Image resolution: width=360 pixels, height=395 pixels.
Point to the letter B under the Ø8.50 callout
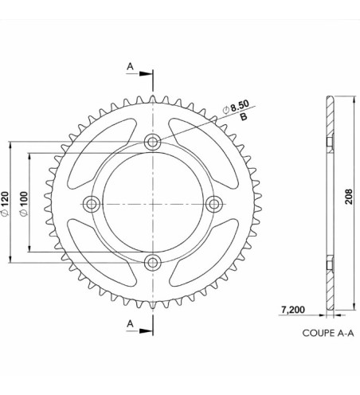pyautogui.click(x=243, y=117)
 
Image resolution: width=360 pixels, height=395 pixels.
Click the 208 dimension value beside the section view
pyautogui.click(x=349, y=201)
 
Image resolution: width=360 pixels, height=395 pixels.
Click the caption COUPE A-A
pyautogui.click(x=328, y=334)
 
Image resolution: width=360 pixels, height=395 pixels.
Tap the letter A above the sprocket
pyautogui.click(x=131, y=67)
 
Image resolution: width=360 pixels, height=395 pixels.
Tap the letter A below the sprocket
pyautogui.click(x=131, y=323)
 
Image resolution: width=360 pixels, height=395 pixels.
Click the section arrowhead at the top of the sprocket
pyautogui.click(x=147, y=75)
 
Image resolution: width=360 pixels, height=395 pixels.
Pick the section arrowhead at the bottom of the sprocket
pyautogui.click(x=147, y=330)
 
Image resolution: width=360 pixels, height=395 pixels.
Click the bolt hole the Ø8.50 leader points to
pyautogui.click(x=152, y=143)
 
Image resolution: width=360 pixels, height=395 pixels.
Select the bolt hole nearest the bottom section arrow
pyautogui.click(x=152, y=263)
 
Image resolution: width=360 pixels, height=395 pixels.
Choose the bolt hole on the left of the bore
pyautogui.click(x=92, y=204)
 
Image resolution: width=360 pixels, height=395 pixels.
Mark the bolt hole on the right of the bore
pyautogui.click(x=213, y=204)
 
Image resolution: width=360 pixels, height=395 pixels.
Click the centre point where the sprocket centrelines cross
pyautogui.click(x=152, y=204)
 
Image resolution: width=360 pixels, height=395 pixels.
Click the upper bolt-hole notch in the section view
pyautogui.click(x=328, y=143)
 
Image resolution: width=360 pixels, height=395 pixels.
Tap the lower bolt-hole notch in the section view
pyautogui.click(x=328, y=264)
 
